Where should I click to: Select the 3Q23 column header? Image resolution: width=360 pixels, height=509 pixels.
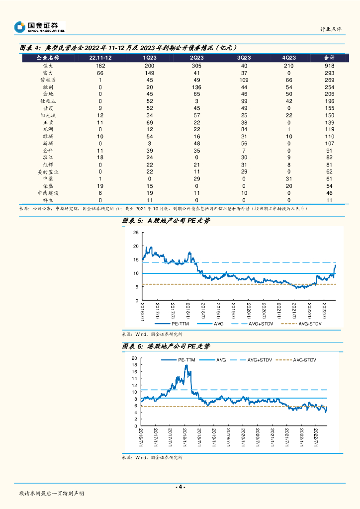pos(244,58)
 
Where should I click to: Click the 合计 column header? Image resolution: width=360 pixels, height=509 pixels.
pos(329,58)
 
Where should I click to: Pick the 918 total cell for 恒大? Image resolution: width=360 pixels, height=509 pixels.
pos(329,66)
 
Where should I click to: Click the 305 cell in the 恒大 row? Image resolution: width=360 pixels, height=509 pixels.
pos(196,66)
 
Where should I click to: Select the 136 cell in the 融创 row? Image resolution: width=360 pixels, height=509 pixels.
pos(196,86)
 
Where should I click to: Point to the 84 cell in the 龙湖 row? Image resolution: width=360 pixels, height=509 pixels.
pos(244,129)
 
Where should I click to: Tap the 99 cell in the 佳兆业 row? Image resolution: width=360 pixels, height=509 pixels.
pos(244,100)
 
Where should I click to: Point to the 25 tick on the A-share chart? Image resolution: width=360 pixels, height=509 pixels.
pos(136,233)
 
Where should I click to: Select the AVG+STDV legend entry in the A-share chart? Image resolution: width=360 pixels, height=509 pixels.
pos(262,324)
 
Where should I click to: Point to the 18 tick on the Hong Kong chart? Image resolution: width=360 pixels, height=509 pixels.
pos(135,365)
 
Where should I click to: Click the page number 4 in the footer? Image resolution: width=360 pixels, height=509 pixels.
pos(180,487)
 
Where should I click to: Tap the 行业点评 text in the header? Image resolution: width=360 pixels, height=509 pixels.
pos(331,29)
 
